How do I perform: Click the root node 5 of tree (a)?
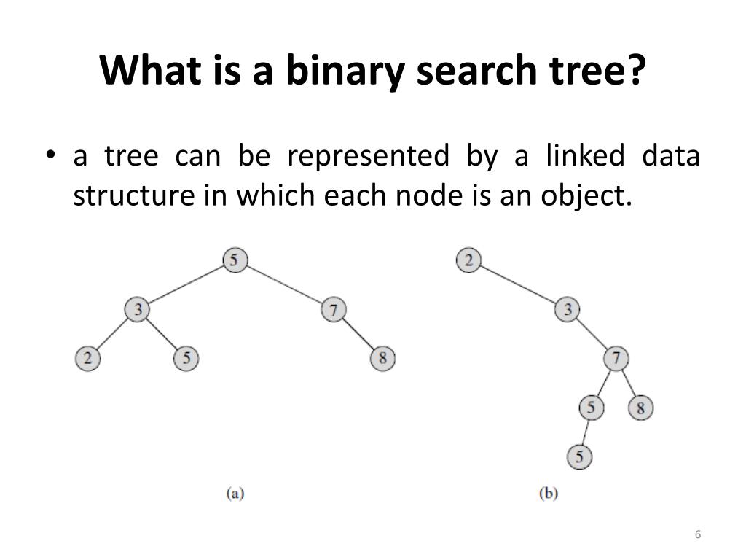(235, 260)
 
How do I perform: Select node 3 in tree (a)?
(137, 310)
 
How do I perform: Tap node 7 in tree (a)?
(333, 310)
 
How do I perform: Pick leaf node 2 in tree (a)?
(87, 359)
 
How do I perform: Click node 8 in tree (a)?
(382, 359)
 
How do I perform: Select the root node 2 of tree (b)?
(468, 260)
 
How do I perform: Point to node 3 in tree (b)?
(568, 310)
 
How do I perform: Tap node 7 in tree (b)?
(616, 359)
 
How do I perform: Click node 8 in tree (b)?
(641, 408)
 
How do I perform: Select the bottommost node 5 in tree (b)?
(579, 457)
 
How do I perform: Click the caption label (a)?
(235, 494)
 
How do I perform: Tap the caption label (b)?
(548, 494)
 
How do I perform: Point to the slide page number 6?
(698, 535)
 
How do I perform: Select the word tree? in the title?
(601, 71)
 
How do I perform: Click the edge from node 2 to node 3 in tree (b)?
(518, 285)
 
